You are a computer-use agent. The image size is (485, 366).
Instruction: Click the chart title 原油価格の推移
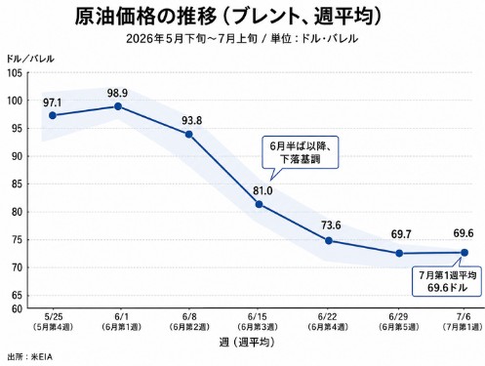145,16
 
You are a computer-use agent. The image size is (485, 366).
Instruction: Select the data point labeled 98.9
118,106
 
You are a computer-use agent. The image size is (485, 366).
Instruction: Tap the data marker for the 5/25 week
53,115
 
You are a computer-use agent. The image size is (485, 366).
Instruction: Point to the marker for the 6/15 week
259,204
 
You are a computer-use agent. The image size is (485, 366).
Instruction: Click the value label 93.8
192,121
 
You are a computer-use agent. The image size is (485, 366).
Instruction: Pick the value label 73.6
331,225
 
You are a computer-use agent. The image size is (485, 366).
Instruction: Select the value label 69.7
400,234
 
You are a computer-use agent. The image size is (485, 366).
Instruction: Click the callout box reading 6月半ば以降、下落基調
301,152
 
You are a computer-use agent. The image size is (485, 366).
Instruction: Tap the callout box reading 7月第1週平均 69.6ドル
447,281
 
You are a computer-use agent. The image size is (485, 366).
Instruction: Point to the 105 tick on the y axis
15,73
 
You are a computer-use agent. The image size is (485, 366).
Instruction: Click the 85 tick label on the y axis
15,184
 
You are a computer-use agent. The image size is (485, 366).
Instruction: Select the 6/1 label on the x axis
121,316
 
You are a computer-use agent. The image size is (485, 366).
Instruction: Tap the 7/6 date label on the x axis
464,316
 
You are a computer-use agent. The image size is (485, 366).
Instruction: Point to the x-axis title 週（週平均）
247,343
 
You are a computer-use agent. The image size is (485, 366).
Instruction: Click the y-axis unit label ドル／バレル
30,59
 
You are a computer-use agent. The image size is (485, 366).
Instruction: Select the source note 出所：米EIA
29,357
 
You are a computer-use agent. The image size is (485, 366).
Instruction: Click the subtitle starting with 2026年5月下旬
242,39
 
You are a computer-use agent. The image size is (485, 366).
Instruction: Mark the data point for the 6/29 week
399,253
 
